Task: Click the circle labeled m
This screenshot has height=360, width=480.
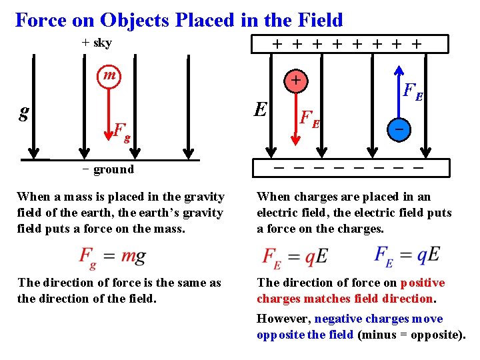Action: point(108,75)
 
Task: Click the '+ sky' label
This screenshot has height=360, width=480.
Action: point(97,43)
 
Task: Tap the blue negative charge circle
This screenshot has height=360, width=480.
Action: point(397,128)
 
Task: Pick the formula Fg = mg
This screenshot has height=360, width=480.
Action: point(112,256)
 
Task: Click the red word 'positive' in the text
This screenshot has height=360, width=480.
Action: point(423,283)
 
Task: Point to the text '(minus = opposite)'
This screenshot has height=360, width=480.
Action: point(411,335)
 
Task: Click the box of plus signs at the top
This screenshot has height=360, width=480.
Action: point(339,44)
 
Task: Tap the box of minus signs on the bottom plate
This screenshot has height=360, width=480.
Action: point(339,167)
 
